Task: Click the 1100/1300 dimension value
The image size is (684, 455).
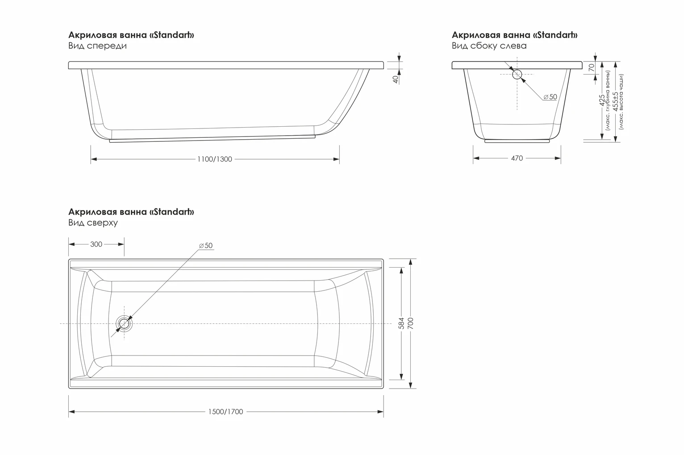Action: click(215, 159)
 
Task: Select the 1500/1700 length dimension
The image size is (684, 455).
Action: click(226, 412)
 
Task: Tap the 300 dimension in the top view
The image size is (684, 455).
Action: click(96, 244)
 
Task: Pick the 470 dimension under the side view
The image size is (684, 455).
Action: click(517, 158)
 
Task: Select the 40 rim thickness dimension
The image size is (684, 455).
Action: click(395, 79)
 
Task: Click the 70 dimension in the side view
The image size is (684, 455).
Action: click(592, 68)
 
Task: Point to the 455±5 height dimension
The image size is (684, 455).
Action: click(616, 102)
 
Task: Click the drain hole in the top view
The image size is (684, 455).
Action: click(124, 323)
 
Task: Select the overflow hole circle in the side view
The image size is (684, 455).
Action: click(517, 74)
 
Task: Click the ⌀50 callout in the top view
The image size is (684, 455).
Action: click(206, 246)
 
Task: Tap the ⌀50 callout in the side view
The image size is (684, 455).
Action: click(550, 97)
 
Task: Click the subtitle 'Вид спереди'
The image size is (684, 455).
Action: click(97, 46)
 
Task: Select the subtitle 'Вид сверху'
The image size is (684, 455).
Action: click(93, 223)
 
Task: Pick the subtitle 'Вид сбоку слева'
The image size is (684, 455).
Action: click(489, 46)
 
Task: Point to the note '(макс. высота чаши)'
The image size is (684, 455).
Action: click(622, 102)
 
